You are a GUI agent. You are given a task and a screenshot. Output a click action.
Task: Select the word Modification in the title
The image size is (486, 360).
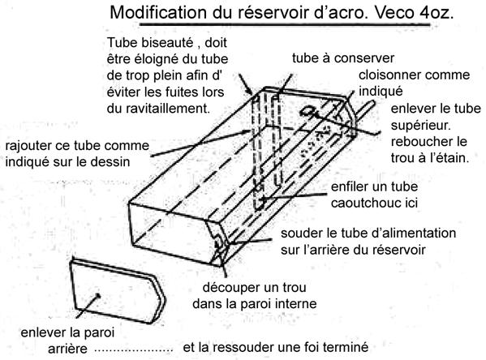tap(158, 13)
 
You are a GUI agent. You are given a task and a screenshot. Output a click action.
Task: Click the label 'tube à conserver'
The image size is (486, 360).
tap(343, 58)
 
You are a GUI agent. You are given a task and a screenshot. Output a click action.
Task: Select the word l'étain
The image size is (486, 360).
tap(450, 158)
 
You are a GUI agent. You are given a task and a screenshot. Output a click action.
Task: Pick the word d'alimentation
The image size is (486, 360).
tap(416, 233)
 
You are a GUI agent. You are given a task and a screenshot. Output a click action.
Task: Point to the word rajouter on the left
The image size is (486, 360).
tap(27, 146)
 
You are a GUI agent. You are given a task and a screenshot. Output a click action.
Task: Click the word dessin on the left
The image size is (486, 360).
tap(112, 162)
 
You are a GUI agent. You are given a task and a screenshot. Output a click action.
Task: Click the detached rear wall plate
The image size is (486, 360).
tap(118, 292)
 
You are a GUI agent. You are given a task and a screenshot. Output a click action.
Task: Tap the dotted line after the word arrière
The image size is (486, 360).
tap(133, 351)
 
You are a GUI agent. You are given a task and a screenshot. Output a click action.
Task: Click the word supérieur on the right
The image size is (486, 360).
tap(420, 125)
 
